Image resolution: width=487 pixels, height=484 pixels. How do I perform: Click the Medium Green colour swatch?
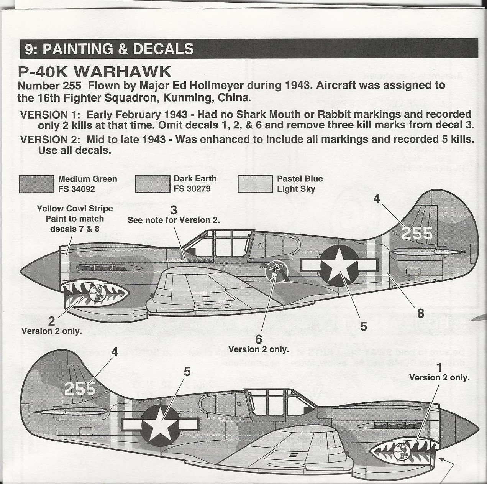coord(36,184)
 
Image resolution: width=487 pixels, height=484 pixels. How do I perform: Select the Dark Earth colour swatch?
coord(152,184)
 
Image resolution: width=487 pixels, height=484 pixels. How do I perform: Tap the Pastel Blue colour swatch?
coord(255,184)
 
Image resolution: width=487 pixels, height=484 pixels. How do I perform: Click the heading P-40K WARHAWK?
coord(94,72)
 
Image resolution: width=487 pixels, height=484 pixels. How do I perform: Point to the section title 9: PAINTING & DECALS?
coord(109,49)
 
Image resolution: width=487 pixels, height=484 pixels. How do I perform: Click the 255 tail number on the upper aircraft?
coord(417,233)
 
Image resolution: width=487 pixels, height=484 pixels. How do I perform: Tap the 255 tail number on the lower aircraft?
coord(80,389)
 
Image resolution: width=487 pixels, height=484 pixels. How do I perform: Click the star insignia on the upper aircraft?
coord(339,266)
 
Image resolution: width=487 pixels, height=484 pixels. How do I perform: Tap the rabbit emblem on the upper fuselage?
coord(276,271)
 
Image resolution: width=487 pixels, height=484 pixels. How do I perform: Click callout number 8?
coord(420,313)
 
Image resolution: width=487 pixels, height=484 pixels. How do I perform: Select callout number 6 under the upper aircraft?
coord(258,339)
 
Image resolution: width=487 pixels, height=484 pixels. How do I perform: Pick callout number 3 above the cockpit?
coord(174,210)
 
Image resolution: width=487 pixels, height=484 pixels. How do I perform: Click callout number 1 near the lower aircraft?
coord(439,367)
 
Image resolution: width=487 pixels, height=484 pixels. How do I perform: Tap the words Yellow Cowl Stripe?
coord(75,209)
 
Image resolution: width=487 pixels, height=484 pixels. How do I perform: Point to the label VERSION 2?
coord(50,140)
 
